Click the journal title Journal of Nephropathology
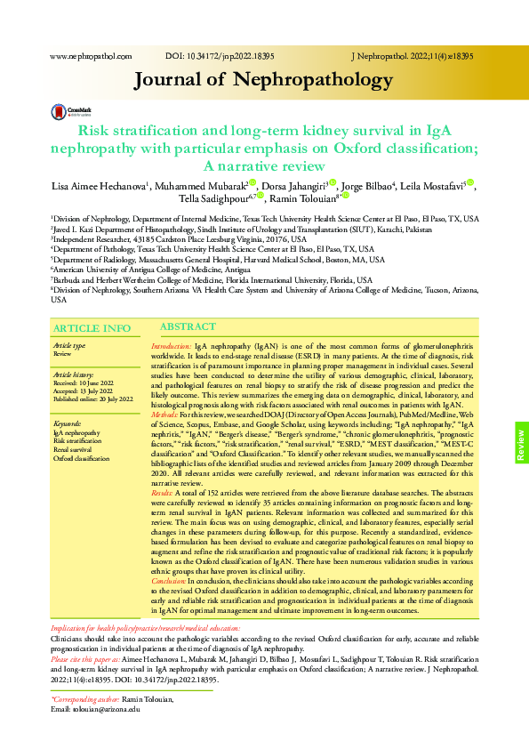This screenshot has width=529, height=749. (263, 81)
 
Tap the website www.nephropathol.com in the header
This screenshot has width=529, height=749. (91, 56)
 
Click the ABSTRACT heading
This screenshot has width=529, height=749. (187, 327)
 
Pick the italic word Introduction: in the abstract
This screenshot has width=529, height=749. (172, 345)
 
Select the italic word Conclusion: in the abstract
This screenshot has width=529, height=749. (170, 579)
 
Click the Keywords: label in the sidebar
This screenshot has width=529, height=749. (68, 423)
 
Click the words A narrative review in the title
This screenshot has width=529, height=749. (264, 166)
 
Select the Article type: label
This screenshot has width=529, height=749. (70, 345)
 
